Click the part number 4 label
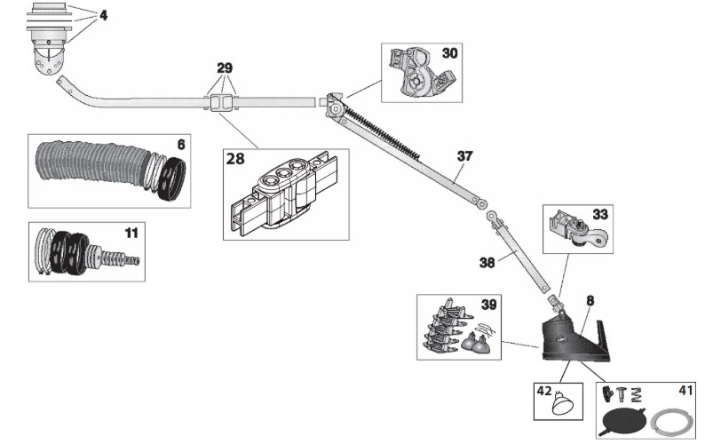pos(105,14)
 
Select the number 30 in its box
pos(450,53)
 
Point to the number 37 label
pos(464,155)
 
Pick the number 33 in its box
pos(600,214)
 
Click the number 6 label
pos(181,143)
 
